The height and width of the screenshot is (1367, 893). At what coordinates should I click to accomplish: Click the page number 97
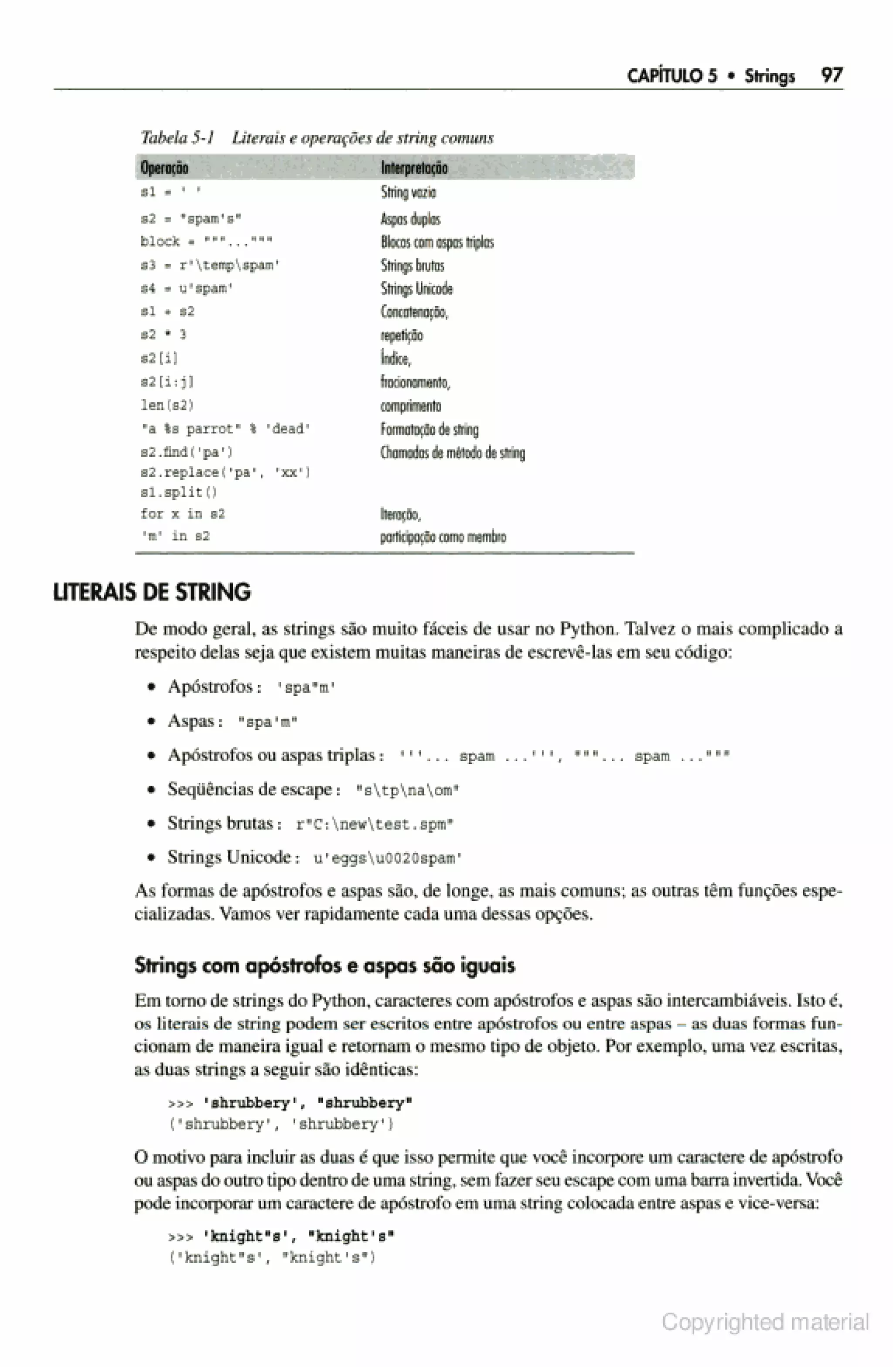(x=832, y=75)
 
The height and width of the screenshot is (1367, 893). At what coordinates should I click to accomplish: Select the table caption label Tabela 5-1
(x=177, y=138)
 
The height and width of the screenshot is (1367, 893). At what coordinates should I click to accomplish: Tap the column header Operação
(x=164, y=168)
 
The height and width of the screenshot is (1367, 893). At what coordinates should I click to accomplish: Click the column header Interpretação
(x=413, y=168)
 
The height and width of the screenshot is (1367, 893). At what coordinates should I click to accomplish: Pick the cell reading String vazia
(x=408, y=192)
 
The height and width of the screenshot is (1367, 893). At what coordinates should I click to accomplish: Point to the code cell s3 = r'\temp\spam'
(x=210, y=265)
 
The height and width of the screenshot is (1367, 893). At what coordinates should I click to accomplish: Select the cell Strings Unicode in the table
(x=416, y=288)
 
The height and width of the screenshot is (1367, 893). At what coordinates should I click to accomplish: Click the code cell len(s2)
(x=167, y=406)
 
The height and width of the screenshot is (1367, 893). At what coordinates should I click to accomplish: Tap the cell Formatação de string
(x=429, y=429)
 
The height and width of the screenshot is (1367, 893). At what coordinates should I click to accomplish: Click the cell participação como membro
(x=443, y=537)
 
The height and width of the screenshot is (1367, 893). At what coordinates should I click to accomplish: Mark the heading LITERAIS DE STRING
(x=152, y=593)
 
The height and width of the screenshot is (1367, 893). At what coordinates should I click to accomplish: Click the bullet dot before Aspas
(x=151, y=722)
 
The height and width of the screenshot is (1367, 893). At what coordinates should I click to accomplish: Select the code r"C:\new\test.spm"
(x=375, y=825)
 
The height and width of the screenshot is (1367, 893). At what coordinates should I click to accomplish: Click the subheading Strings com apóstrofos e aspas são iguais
(x=324, y=966)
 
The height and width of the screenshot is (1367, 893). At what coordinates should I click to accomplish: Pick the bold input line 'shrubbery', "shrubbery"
(x=307, y=1103)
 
